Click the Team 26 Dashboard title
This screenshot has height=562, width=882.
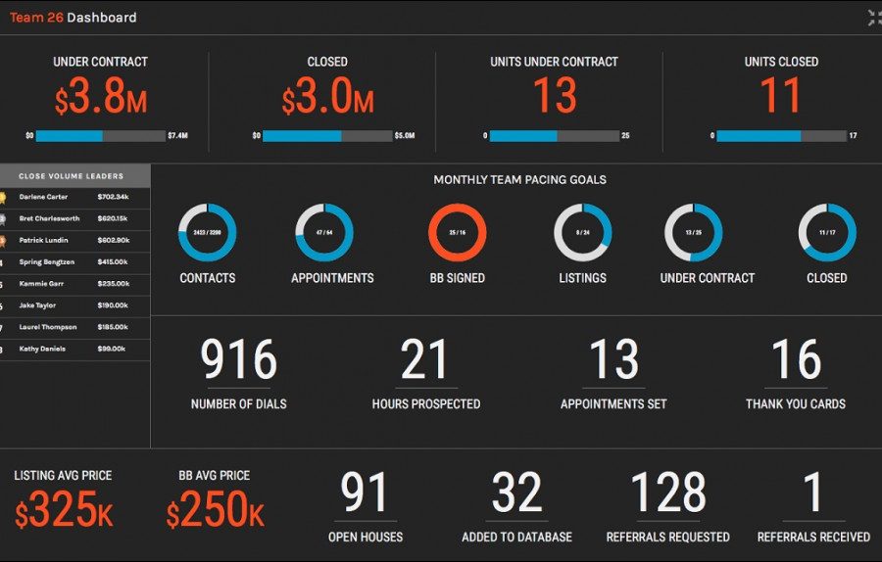tap(73, 18)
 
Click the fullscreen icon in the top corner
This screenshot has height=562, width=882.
tap(874, 18)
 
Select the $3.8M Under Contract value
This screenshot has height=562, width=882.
tap(101, 97)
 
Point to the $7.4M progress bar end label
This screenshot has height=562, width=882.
tap(177, 136)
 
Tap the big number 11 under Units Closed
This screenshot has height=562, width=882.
tap(781, 97)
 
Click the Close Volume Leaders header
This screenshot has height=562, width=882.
tap(72, 176)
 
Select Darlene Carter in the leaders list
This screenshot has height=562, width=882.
tap(43, 197)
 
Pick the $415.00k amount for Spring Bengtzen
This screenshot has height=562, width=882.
tap(114, 261)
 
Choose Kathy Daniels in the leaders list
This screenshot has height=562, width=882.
tap(41, 349)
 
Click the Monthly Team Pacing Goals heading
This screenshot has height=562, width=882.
tap(519, 180)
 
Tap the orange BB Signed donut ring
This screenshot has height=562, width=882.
tap(457, 233)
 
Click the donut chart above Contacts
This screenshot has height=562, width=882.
tap(207, 233)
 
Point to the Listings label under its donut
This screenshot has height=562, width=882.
tap(582, 278)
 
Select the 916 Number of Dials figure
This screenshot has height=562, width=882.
tap(239, 360)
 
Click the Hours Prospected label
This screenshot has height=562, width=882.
tap(426, 403)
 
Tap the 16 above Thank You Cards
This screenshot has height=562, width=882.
tap(795, 360)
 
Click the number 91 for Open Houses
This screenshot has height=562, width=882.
tap(365, 493)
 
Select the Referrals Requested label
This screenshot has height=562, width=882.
tap(668, 537)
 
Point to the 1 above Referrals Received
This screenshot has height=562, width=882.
tap(813, 493)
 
